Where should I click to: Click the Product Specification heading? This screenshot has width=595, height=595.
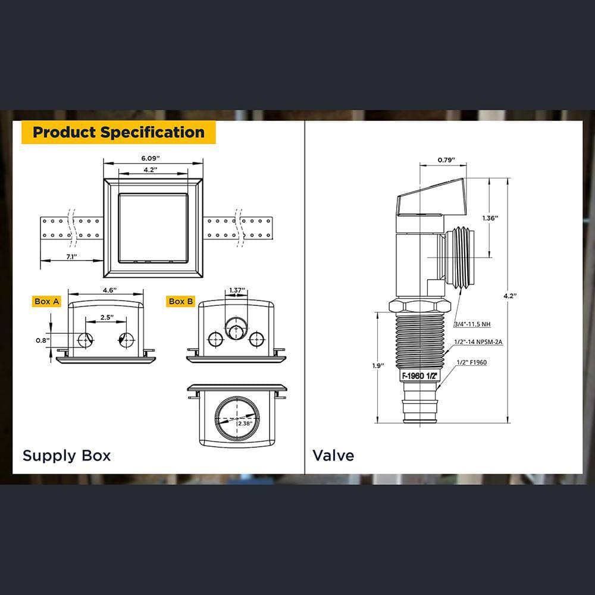[118, 132]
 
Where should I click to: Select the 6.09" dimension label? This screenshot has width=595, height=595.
[151, 158]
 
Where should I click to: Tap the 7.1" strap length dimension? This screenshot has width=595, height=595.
[72, 256]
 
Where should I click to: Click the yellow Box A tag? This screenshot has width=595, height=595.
[46, 301]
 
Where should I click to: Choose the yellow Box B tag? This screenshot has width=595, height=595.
[181, 301]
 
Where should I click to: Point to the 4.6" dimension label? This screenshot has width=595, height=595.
[109, 290]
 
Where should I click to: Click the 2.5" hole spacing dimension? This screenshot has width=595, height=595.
[107, 317]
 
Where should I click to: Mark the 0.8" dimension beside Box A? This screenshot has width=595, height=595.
[43, 340]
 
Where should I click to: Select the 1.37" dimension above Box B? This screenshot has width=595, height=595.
[237, 290]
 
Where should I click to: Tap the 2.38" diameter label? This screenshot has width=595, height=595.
[245, 424]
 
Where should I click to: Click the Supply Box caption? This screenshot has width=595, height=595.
[67, 455]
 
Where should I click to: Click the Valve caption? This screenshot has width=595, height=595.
[333, 455]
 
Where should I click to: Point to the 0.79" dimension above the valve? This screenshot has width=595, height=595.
[446, 159]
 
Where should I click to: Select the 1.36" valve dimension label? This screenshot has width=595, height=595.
[490, 218]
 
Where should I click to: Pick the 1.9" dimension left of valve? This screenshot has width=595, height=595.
[378, 366]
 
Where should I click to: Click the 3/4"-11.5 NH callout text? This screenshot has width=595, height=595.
[472, 324]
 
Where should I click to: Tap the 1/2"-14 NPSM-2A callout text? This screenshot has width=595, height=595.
[478, 342]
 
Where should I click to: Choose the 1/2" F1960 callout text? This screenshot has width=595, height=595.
[472, 362]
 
